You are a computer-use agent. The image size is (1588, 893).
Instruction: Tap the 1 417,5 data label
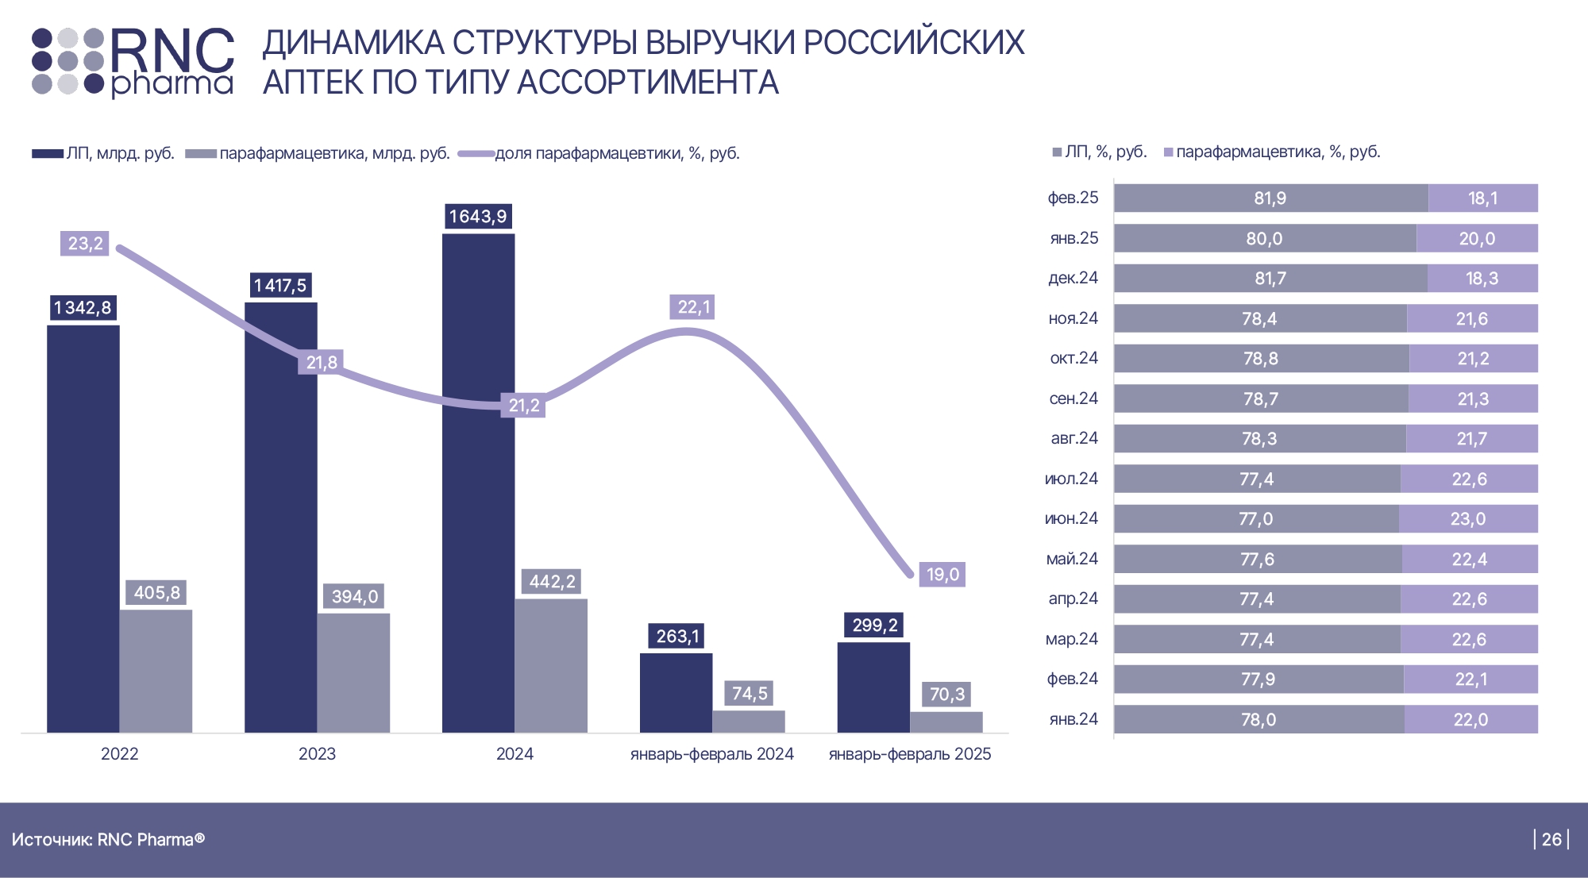click(x=280, y=285)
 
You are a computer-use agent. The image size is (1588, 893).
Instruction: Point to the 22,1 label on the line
click(x=693, y=307)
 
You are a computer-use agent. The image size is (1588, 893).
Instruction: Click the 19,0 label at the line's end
click(x=942, y=574)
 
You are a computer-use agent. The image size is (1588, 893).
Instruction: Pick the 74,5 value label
click(x=750, y=693)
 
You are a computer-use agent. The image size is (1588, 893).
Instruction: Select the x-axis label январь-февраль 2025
click(x=910, y=754)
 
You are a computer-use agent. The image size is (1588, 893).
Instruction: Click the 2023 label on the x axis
click(x=317, y=754)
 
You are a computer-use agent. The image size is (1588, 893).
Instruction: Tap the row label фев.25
click(x=1073, y=198)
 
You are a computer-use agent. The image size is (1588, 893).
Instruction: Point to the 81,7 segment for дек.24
click(x=1270, y=279)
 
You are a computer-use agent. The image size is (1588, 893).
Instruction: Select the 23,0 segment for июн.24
click(x=1468, y=519)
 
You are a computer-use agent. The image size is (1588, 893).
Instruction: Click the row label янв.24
click(x=1073, y=719)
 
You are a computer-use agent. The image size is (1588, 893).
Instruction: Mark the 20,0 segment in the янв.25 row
click(x=1477, y=238)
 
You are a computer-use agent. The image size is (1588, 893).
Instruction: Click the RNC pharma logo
click(x=133, y=62)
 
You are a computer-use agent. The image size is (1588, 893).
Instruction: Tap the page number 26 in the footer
click(x=1551, y=839)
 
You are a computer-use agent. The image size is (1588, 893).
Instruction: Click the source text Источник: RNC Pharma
click(x=108, y=839)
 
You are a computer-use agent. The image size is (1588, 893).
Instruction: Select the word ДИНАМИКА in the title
click(x=353, y=43)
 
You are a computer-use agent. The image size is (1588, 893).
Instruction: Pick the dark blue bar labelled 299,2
click(x=873, y=687)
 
